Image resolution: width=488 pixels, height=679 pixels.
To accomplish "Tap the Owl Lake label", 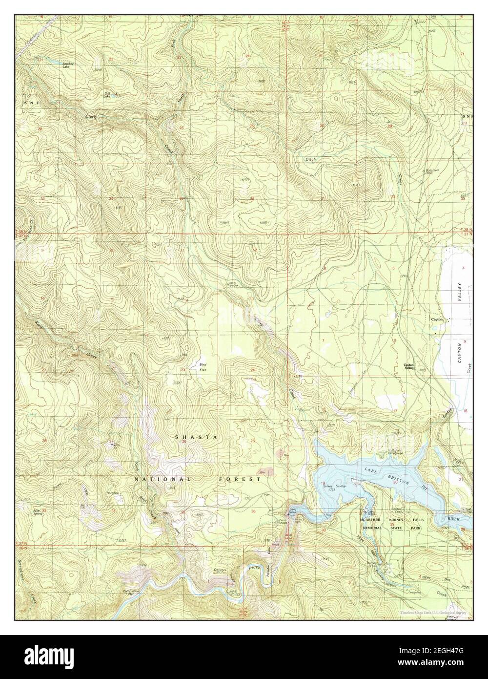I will (x=106, y=94).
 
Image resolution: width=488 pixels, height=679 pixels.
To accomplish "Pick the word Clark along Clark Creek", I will (x=91, y=117).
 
